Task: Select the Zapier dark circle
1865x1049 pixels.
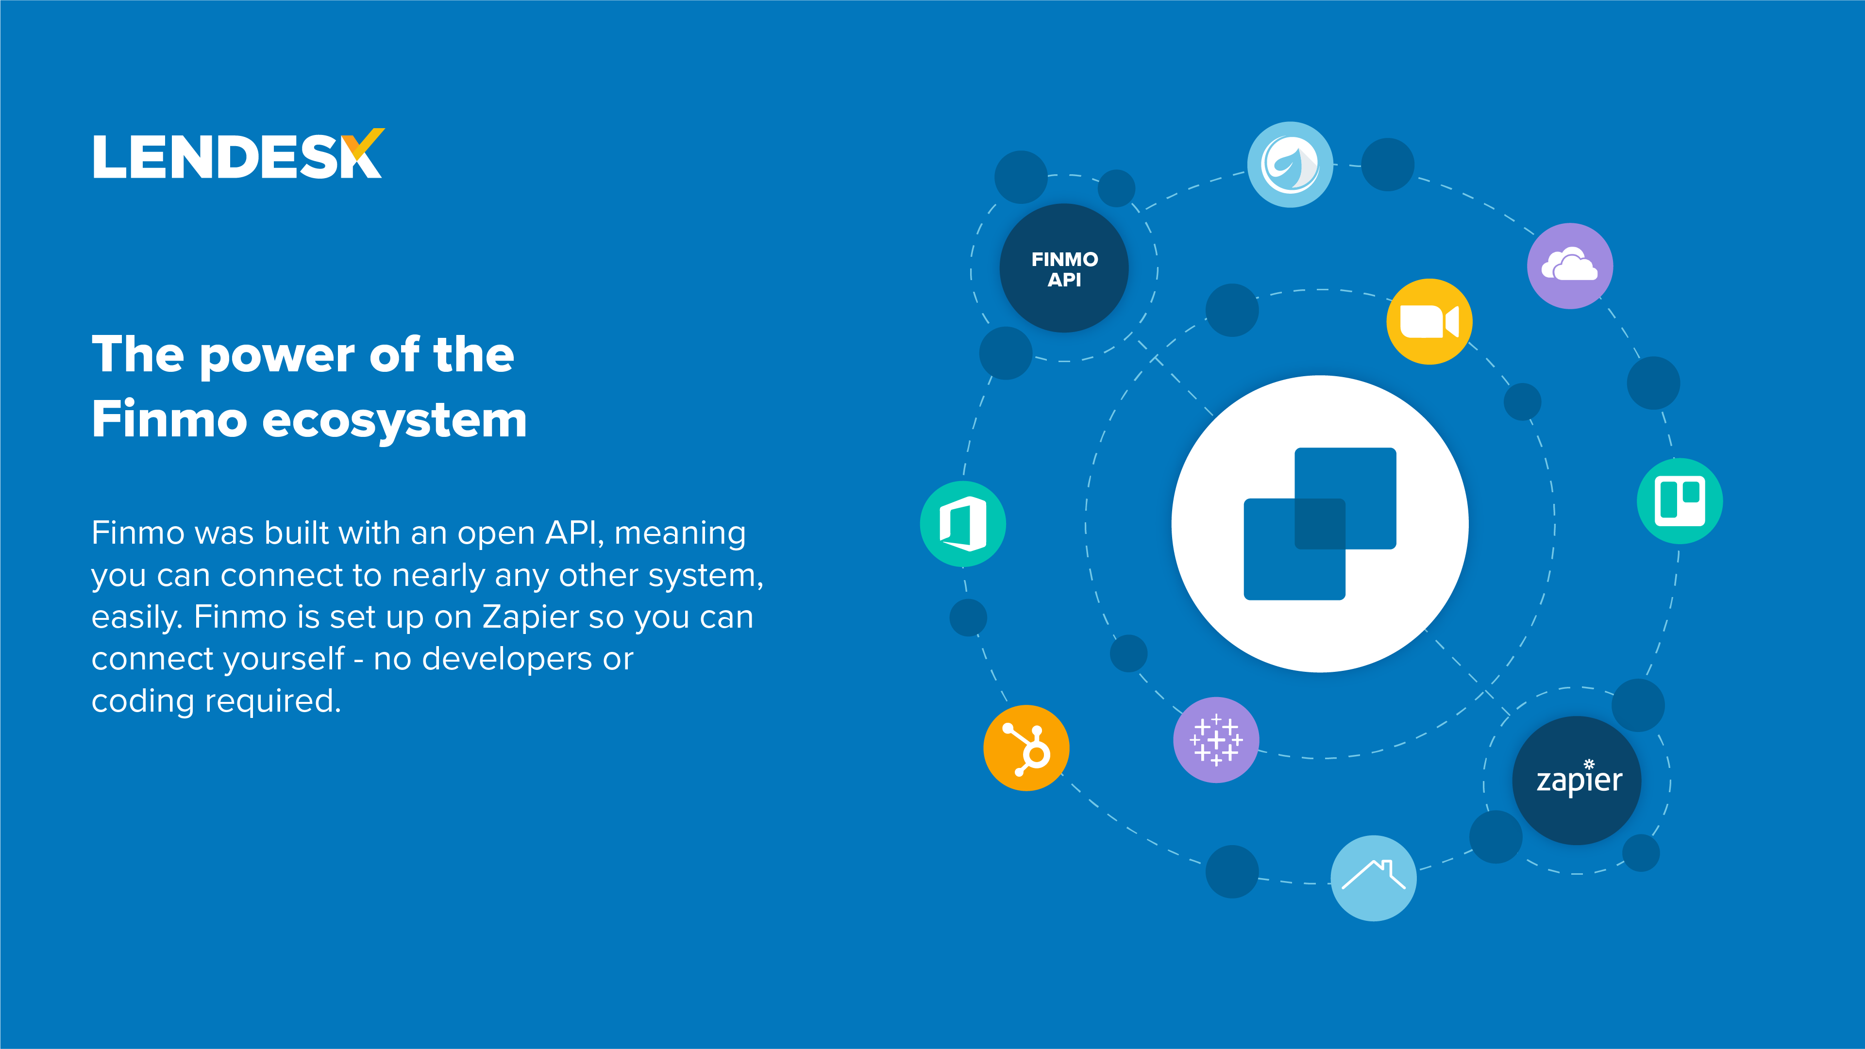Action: [x=1577, y=781]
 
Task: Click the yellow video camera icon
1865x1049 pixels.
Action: [x=1428, y=321]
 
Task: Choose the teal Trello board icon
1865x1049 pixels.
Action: [x=1679, y=501]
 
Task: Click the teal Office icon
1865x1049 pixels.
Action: [x=963, y=523]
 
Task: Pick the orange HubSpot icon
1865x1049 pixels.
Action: [x=1026, y=748]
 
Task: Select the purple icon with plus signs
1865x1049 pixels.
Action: [x=1216, y=740]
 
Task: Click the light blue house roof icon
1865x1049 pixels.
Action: [x=1374, y=878]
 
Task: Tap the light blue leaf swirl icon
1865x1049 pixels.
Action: [x=1290, y=165]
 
